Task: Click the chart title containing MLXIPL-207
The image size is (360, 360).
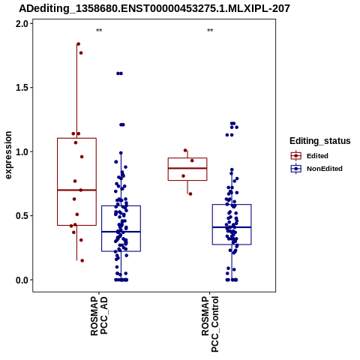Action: point(154,8)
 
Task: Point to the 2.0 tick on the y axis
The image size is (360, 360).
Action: point(22,24)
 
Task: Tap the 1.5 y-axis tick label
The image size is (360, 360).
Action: point(22,88)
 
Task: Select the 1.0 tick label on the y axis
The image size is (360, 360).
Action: point(22,152)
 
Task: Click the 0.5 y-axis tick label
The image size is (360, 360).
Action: point(22,216)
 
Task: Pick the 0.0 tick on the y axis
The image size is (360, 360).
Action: point(22,280)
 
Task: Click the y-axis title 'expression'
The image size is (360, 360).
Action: point(8,155)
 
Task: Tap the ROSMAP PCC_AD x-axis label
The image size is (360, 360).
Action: point(99,316)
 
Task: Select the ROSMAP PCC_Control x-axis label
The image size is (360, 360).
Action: point(210,324)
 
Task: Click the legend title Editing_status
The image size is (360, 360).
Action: point(320,141)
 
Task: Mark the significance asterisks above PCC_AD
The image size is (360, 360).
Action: point(99,31)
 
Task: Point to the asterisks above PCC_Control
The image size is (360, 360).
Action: point(210,31)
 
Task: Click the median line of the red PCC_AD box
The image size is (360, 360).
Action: point(76,190)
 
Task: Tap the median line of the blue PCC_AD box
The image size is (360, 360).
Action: point(121,232)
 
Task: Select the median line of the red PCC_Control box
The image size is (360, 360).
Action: point(187,168)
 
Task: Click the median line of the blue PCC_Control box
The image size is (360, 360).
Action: point(232,227)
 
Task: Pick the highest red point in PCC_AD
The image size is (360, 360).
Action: point(78,44)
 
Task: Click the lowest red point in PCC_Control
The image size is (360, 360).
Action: point(190,193)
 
